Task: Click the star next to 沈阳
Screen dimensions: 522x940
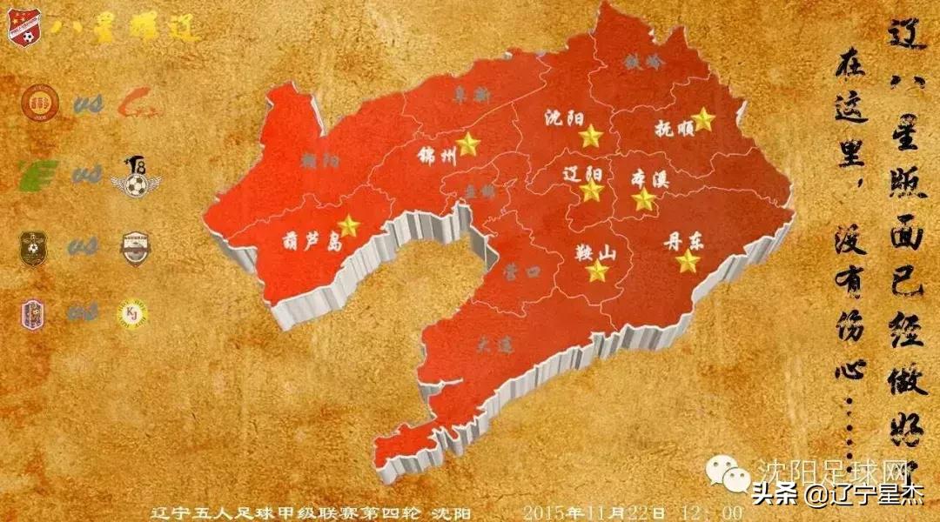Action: [x=591, y=136]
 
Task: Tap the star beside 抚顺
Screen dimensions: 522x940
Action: [x=703, y=120]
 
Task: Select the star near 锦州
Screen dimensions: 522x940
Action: [x=468, y=144]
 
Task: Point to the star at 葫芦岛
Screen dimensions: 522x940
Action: [x=349, y=226]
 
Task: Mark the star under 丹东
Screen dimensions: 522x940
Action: [x=688, y=261]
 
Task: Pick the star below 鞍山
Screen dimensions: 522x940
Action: [x=597, y=271]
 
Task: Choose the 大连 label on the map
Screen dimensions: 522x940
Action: [x=494, y=345]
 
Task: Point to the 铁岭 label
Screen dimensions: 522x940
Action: [x=642, y=61]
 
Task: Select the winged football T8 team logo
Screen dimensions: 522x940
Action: [x=136, y=177]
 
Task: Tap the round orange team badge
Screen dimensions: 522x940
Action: [x=38, y=102]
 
